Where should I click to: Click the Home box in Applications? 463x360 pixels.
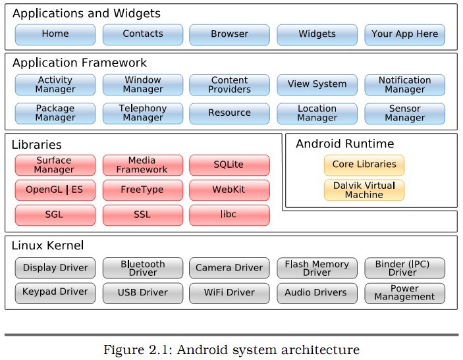(x=55, y=34)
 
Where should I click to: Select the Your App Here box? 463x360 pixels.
(x=404, y=34)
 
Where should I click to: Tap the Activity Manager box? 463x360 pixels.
(x=55, y=85)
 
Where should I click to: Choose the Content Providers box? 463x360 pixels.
(x=230, y=85)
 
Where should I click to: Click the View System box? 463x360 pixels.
(x=317, y=85)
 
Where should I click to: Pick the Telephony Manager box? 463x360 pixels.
(x=143, y=113)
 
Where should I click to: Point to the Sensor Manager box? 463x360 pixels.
(x=404, y=113)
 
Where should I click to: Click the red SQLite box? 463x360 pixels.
(x=229, y=165)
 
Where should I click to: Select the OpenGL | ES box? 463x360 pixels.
(x=55, y=190)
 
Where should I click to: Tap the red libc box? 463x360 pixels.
(x=229, y=215)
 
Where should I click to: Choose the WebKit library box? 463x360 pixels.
(x=229, y=190)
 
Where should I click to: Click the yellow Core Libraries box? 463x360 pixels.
(x=364, y=165)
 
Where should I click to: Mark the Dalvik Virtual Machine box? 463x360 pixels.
(x=364, y=190)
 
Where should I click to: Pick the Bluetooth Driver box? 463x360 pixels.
(x=143, y=269)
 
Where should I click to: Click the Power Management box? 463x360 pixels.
(x=404, y=293)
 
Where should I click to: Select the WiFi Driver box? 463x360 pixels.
(x=229, y=293)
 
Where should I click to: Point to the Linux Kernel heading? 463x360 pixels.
(x=47, y=246)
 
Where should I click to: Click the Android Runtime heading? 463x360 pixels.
(x=344, y=143)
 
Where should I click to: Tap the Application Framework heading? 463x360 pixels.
(x=80, y=63)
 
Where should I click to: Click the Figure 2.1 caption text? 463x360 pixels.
(x=231, y=349)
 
